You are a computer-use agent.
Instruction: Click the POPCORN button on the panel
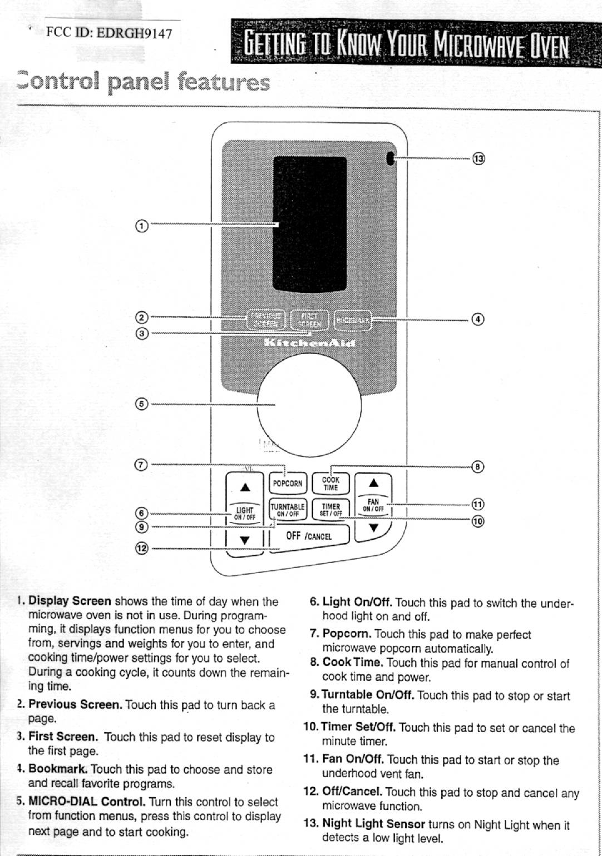[x=287, y=483]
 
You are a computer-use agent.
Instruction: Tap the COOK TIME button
[x=330, y=484]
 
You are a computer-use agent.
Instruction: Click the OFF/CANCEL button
[x=309, y=536]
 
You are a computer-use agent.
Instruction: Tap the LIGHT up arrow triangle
[x=244, y=487]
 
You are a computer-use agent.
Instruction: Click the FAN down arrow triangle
[x=374, y=527]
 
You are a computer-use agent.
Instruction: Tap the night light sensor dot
[x=390, y=159]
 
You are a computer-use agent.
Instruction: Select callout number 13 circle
[x=478, y=159]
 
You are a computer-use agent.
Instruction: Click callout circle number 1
[x=142, y=226]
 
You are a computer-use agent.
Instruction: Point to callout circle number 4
[x=478, y=320]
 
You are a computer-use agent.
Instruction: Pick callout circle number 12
[x=142, y=549]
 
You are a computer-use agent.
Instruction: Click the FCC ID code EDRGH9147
[x=134, y=33]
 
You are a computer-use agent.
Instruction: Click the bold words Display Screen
[x=70, y=601]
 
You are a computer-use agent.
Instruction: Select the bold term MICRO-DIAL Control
[x=87, y=802]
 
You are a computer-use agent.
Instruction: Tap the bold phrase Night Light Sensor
[x=373, y=824]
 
